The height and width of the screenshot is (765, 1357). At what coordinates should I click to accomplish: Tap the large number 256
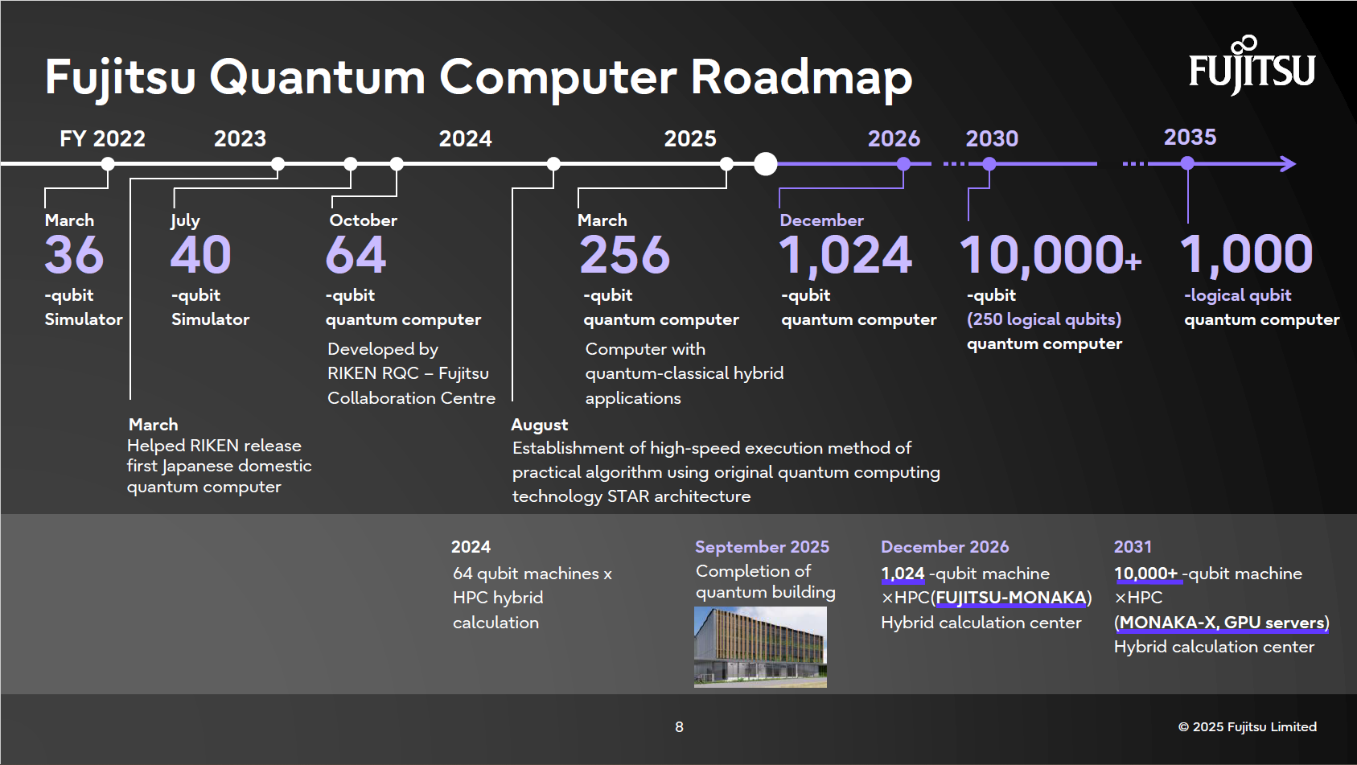click(x=624, y=256)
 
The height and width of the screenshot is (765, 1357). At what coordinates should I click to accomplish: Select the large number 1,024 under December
click(x=845, y=256)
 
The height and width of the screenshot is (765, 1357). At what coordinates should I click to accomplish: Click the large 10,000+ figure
click(x=1050, y=256)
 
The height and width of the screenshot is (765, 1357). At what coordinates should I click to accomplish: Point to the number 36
click(x=74, y=256)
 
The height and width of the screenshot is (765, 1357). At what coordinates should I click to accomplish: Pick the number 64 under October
click(x=356, y=256)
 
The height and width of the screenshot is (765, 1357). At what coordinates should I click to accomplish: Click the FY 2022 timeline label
click(x=102, y=139)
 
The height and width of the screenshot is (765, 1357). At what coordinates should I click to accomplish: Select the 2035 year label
click(x=1190, y=138)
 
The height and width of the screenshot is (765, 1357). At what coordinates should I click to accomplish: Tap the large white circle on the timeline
click(x=766, y=164)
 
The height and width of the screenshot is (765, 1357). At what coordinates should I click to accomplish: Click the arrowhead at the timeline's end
click(x=1289, y=164)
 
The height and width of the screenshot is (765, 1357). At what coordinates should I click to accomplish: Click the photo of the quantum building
click(x=760, y=647)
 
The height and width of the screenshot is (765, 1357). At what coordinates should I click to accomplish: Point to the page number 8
click(x=679, y=727)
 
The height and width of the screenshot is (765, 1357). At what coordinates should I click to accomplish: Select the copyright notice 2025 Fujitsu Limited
click(x=1247, y=727)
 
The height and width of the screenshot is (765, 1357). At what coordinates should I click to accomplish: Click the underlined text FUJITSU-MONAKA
click(x=1011, y=598)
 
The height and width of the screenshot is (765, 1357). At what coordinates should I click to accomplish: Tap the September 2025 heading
click(x=762, y=547)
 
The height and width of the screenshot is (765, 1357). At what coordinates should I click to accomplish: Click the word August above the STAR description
click(x=539, y=425)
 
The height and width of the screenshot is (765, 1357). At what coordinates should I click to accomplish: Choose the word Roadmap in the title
click(x=801, y=78)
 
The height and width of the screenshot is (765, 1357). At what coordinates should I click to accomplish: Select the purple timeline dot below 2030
click(x=989, y=164)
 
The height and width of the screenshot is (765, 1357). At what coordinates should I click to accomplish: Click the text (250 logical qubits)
click(x=1043, y=319)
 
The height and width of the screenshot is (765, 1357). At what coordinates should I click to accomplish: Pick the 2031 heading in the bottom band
click(x=1133, y=547)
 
